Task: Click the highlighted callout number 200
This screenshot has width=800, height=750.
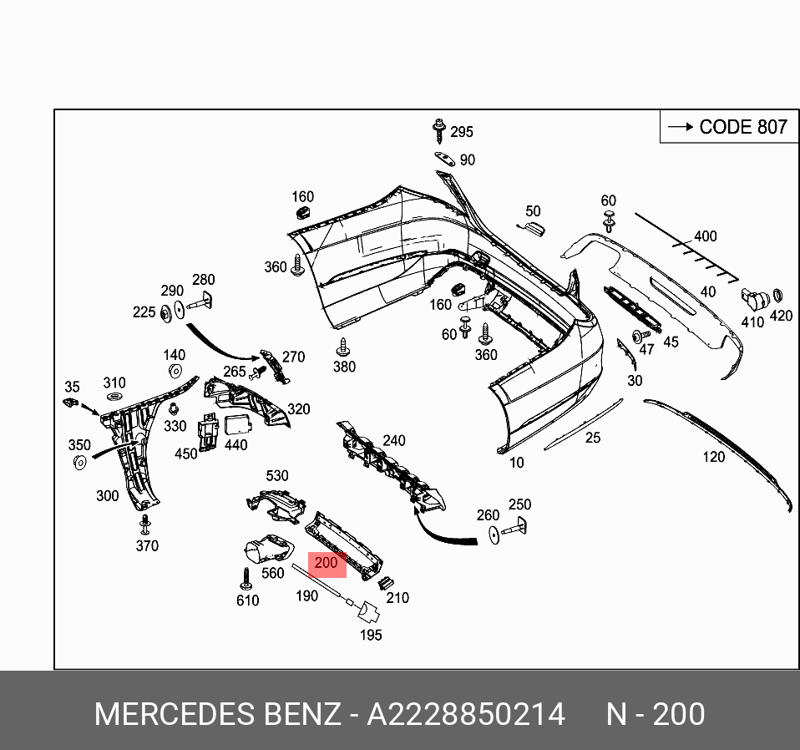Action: pos(326,564)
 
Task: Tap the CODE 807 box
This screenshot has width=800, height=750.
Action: pos(724,127)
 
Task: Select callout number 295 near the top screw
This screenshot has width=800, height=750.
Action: pos(462,132)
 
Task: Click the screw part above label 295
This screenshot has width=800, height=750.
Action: pos(437,129)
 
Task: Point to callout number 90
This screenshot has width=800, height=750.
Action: pos(467,160)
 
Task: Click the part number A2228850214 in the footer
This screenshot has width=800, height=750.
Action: pos(466,715)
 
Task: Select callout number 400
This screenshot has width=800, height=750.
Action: pos(706,236)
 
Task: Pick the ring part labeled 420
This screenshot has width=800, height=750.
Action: pos(777,295)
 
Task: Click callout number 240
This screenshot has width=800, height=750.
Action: pos(393,441)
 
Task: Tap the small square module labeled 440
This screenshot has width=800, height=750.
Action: pos(238,423)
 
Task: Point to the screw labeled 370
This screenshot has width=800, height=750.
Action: pos(145,524)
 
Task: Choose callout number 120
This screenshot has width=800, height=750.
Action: pos(713,457)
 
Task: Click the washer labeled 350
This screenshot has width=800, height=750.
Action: pos(80,464)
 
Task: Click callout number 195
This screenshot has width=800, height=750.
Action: pos(370,635)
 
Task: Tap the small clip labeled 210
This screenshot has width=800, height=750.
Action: pos(386,582)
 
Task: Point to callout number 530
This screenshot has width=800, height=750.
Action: pos(276,476)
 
